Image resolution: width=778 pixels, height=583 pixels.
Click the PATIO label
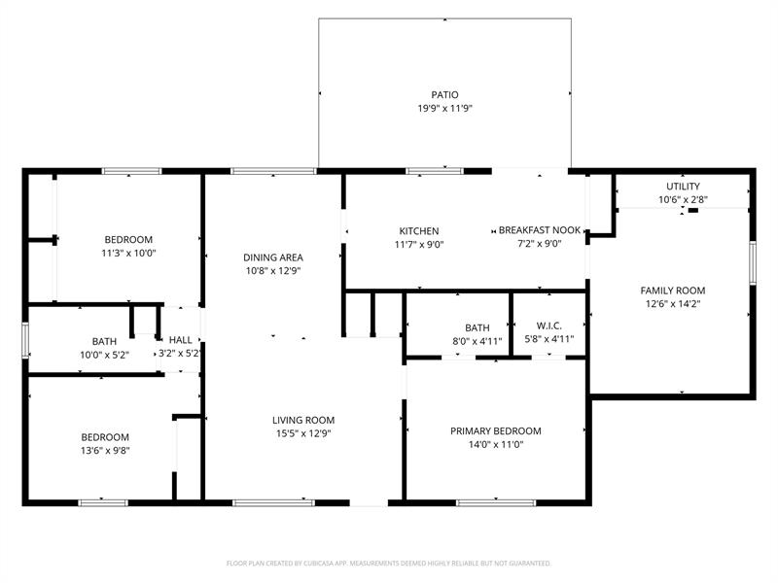click(x=444, y=95)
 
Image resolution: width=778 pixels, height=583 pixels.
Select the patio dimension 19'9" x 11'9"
click(x=444, y=109)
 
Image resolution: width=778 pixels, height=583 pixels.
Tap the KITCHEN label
click(x=419, y=231)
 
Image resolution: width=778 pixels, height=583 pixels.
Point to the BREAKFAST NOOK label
click(x=540, y=230)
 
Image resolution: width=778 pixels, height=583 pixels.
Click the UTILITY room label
click(x=682, y=187)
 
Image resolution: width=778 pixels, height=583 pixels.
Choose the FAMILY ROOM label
click(x=672, y=291)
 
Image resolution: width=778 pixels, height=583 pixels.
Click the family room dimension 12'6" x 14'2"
click(x=672, y=304)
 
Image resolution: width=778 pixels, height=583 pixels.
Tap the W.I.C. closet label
click(x=548, y=327)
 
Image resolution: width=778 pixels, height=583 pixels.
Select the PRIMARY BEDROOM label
click(x=495, y=431)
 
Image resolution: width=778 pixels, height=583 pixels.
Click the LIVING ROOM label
click(x=303, y=421)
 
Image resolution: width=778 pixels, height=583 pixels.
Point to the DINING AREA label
click(x=271, y=257)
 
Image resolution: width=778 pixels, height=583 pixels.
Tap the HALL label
click(x=181, y=340)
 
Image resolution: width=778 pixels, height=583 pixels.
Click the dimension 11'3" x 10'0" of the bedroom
click(x=128, y=254)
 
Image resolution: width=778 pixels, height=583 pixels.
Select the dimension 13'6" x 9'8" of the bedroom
click(x=104, y=451)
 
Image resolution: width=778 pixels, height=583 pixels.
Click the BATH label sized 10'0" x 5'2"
click(x=104, y=341)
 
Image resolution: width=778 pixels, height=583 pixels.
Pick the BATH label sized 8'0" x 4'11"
click(x=477, y=328)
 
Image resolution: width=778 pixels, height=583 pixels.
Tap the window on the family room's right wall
click(x=752, y=263)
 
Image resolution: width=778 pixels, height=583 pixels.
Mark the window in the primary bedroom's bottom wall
click(x=482, y=502)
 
